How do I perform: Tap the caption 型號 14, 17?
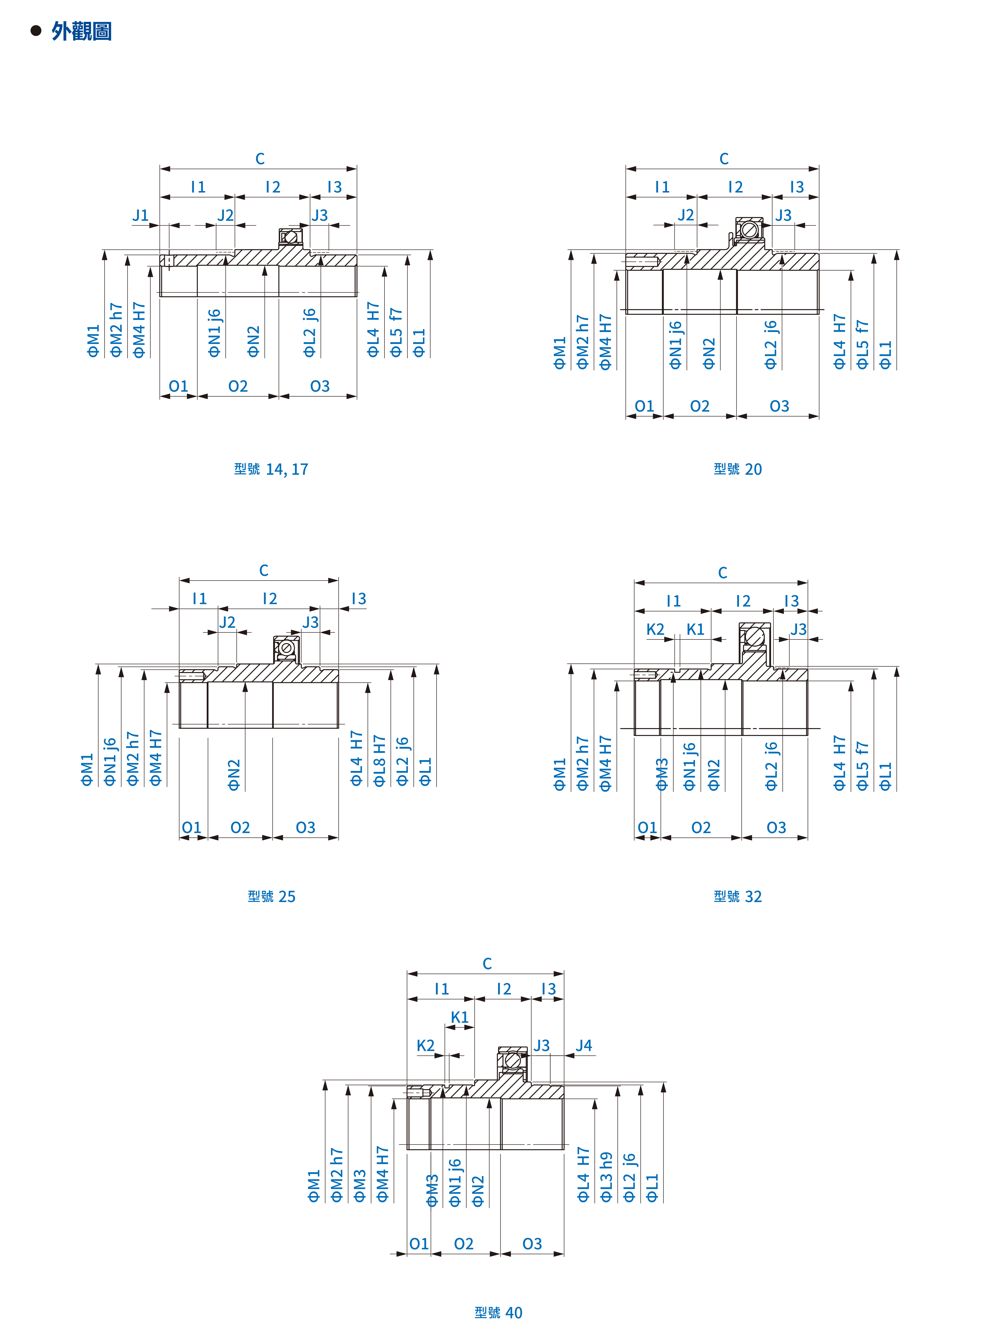[x=271, y=469]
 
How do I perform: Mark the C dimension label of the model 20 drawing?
[x=724, y=159]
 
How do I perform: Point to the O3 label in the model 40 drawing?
[x=532, y=1244]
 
